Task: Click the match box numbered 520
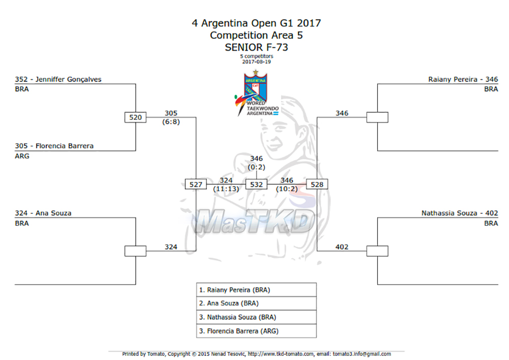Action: coord(135,117)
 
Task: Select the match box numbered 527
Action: coord(196,184)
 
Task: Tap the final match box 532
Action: coord(256,184)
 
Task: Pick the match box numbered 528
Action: coord(317,184)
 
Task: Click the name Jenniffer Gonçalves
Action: coord(68,79)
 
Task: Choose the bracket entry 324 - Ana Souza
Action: coord(43,213)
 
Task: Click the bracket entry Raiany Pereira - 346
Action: coord(463,79)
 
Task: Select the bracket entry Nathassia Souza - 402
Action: coord(460,213)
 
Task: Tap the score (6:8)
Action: coord(171,122)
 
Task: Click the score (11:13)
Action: coord(226,189)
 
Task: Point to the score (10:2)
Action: coord(287,189)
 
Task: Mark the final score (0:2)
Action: coord(257,167)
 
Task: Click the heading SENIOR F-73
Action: coord(257,47)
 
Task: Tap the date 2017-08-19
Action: coord(257,62)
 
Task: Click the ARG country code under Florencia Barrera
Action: coord(22,156)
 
